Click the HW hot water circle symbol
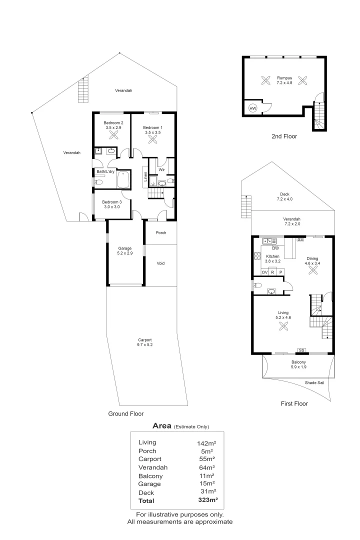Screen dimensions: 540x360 click(x=252, y=108)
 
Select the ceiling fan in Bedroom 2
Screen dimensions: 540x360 click(x=113, y=134)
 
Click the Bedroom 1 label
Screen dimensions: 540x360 click(x=153, y=127)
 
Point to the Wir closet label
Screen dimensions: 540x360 click(x=161, y=169)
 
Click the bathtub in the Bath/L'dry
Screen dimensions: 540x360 click(x=123, y=179)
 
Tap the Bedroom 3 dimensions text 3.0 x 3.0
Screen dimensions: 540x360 click(x=111, y=206)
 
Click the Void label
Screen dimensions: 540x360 click(x=160, y=263)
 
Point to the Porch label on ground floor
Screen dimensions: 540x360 click(x=160, y=233)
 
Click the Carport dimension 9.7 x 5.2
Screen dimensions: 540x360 click(x=144, y=345)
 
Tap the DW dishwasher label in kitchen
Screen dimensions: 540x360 click(x=275, y=248)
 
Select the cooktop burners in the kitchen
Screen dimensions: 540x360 click(x=257, y=257)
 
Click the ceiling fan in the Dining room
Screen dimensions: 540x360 click(x=313, y=269)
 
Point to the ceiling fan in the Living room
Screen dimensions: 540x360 click(x=283, y=326)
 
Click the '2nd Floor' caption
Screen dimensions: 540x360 click(x=284, y=135)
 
